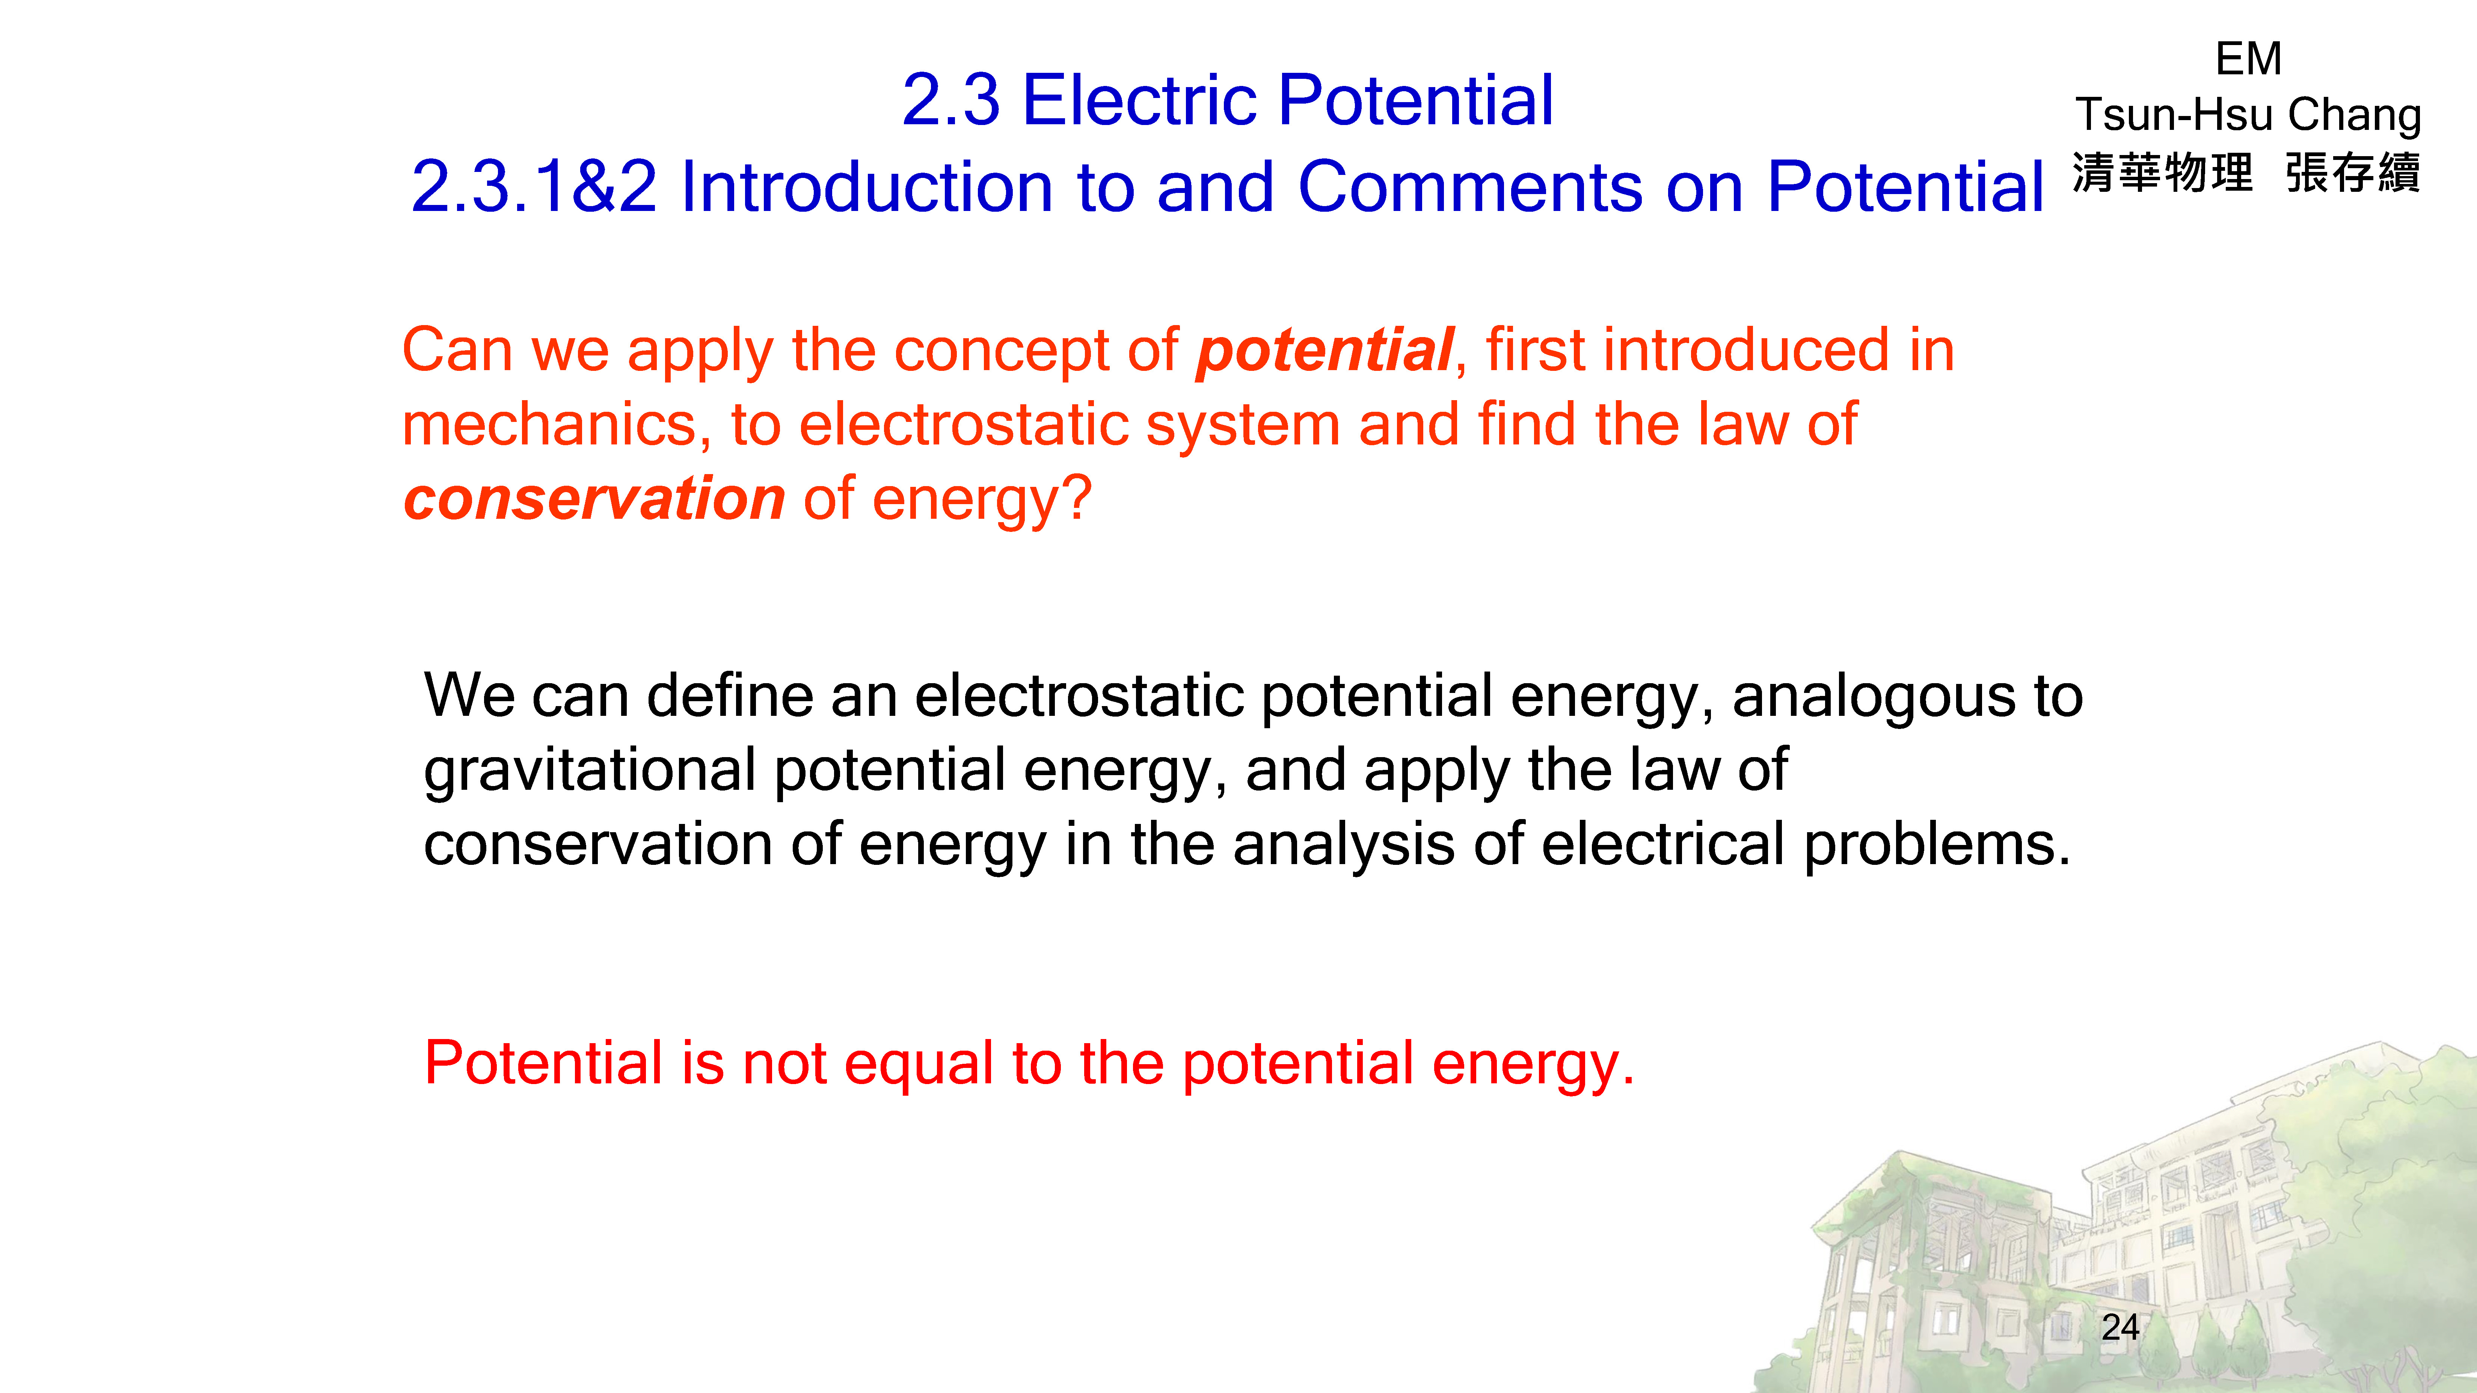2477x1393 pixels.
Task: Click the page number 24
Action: point(2120,1328)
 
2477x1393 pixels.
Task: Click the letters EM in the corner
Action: point(2248,59)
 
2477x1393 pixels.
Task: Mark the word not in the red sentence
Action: point(784,1065)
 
